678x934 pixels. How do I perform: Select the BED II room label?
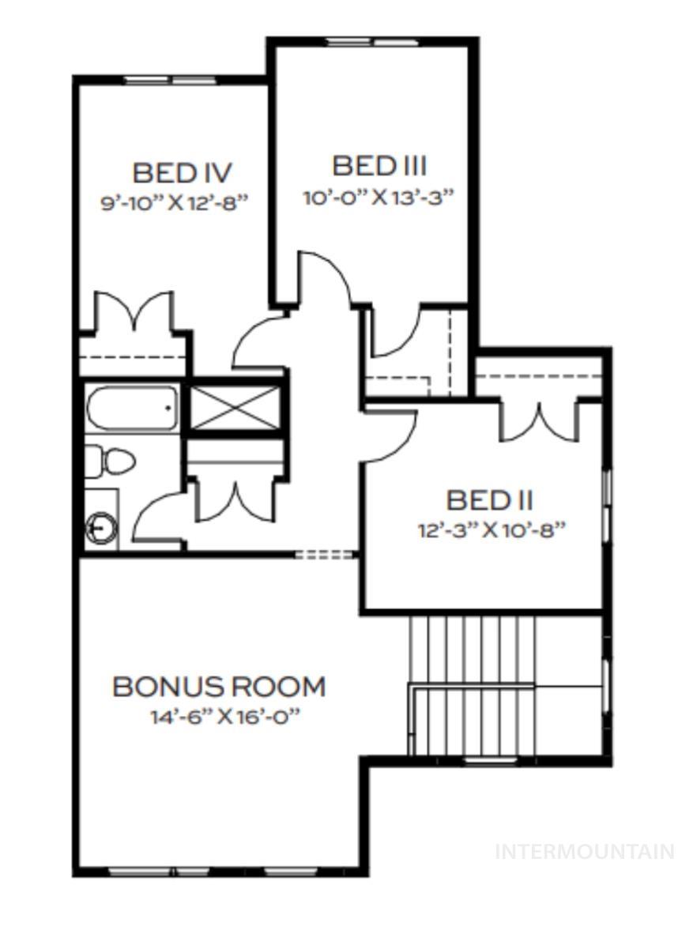(489, 500)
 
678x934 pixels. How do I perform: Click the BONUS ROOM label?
(219, 687)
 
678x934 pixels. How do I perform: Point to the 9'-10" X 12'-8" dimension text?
(175, 202)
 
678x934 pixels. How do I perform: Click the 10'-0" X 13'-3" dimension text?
(379, 197)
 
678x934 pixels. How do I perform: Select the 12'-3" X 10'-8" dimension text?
(492, 530)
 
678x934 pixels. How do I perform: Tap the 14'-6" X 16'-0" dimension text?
(227, 717)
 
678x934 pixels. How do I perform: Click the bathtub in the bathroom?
(132, 408)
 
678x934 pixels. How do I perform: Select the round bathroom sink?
(101, 526)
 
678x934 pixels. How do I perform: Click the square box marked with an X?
(235, 408)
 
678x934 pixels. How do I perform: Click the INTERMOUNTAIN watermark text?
(584, 852)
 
